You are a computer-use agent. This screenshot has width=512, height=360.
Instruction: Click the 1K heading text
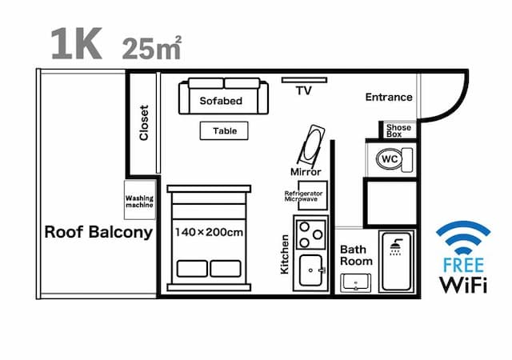click(x=76, y=45)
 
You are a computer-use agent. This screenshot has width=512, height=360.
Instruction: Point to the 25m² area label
click(x=152, y=48)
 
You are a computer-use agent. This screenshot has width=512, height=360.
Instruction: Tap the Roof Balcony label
click(x=98, y=233)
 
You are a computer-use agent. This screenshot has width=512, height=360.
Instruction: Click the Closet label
click(x=144, y=123)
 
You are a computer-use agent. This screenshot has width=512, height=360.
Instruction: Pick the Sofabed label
click(x=221, y=102)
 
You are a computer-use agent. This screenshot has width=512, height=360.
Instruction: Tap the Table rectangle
click(x=224, y=130)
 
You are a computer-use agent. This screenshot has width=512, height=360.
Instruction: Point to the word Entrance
click(x=389, y=98)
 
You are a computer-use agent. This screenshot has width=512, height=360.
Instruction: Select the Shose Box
click(x=398, y=130)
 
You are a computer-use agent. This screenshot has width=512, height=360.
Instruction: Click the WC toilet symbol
click(x=392, y=158)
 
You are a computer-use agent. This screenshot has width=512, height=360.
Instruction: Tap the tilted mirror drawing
click(x=310, y=145)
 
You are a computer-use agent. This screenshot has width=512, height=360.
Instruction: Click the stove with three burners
click(x=311, y=234)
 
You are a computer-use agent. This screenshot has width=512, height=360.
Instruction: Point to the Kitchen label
click(x=284, y=255)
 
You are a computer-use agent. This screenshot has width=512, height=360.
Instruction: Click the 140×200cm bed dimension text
click(x=209, y=232)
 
